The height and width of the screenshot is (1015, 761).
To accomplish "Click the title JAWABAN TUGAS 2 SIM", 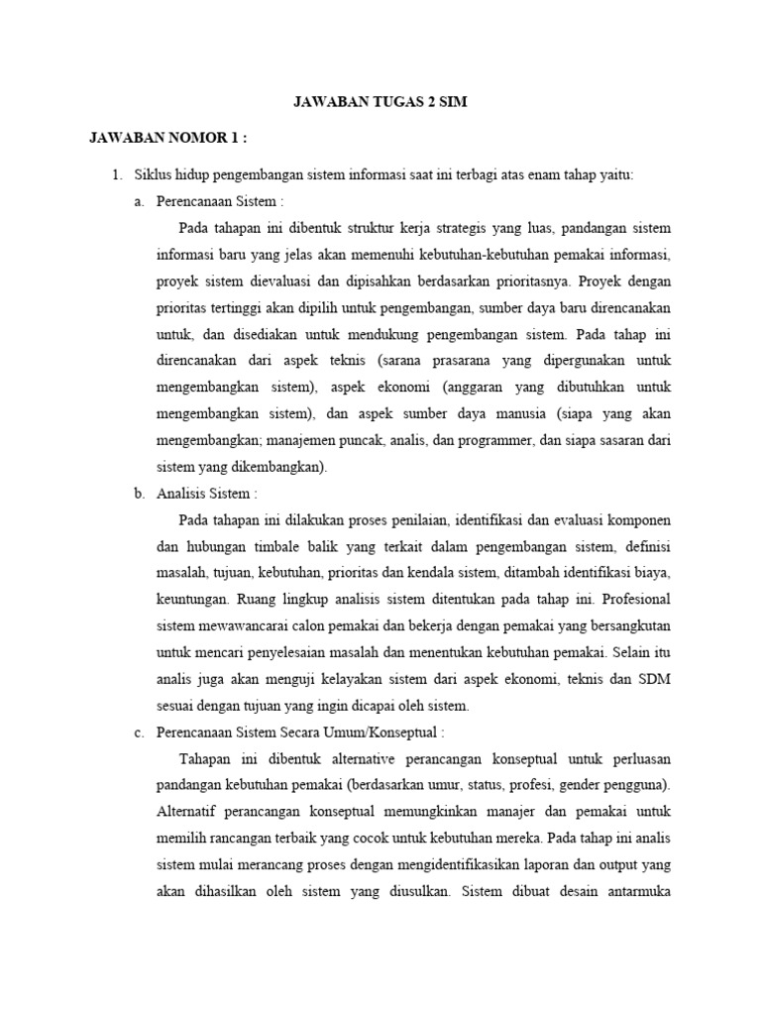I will click(380, 101).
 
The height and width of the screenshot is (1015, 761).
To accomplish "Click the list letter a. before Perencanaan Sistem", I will click(139, 201).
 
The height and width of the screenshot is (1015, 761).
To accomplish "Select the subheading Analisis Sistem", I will click(206, 493).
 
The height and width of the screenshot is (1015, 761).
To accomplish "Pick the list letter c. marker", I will click(139, 733).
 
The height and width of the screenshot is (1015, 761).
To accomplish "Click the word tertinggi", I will click(245, 306).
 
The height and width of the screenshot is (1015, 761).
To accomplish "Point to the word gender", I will click(574, 786).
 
